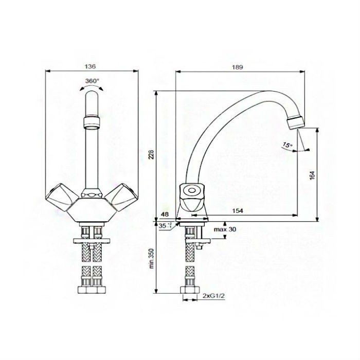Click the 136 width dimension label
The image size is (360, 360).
pyautogui.click(x=90, y=66)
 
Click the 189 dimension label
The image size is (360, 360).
pyautogui.click(x=237, y=67)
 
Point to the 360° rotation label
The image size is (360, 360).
pyautogui.click(x=92, y=81)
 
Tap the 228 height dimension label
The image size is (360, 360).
pyautogui.click(x=151, y=154)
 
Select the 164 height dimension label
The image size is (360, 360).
pyautogui.click(x=312, y=175)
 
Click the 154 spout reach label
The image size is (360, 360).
pyautogui.click(x=238, y=210)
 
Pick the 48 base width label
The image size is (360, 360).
pyautogui.click(x=165, y=214)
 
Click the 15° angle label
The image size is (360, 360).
pyautogui.click(x=287, y=145)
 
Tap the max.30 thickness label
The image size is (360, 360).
pyautogui.click(x=225, y=229)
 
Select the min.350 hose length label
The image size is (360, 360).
pyautogui.click(x=151, y=258)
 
